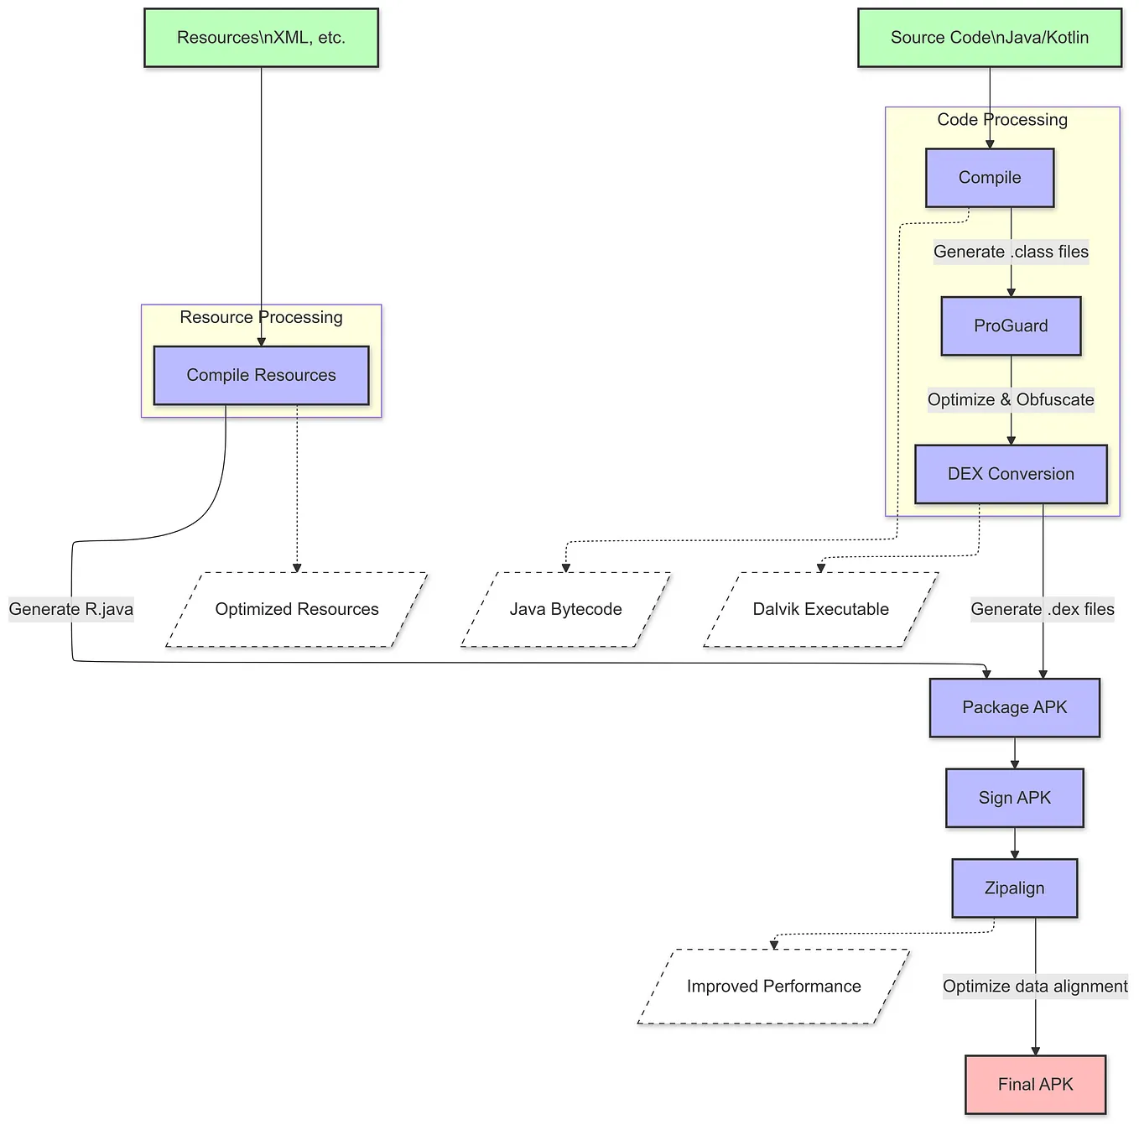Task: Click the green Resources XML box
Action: coord(261,38)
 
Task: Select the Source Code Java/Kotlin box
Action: coord(990,38)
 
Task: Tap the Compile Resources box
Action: coord(261,375)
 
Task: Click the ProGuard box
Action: coord(1011,326)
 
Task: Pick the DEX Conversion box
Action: coord(1011,474)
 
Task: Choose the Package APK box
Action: coord(1014,707)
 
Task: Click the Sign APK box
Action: coord(1014,798)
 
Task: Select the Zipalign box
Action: coord(1014,888)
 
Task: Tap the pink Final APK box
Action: coord(1035,1084)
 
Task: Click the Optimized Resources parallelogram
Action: coord(297,609)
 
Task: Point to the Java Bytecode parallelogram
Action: coord(565,609)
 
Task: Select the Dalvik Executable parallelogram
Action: coord(820,609)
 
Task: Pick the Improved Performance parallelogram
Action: coord(773,987)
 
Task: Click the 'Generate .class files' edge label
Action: coord(1011,252)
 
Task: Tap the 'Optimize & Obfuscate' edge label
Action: coord(1011,399)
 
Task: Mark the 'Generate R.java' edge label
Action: coord(71,609)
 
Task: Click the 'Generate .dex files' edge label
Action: coord(1043,609)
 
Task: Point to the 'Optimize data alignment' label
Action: coord(1035,987)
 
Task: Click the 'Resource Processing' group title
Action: coord(261,317)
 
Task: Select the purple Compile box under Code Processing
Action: coord(990,178)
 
